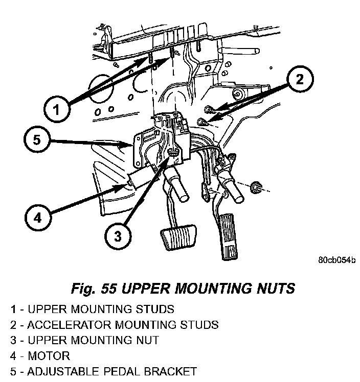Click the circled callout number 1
pyautogui.click(x=57, y=109)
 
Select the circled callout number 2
pyautogui.click(x=300, y=79)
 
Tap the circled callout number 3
pyautogui.click(x=118, y=236)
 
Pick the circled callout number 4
pyautogui.click(x=38, y=218)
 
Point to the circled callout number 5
pyautogui.click(x=37, y=140)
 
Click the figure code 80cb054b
pyautogui.click(x=336, y=260)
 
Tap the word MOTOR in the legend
pyautogui.click(x=49, y=355)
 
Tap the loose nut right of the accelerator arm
pyautogui.click(x=255, y=187)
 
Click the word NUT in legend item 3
pyautogui.click(x=148, y=340)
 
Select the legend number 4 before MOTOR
pyautogui.click(x=13, y=355)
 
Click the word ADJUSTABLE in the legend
pyautogui.click(x=63, y=371)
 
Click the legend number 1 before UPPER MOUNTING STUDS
pyautogui.click(x=13, y=309)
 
